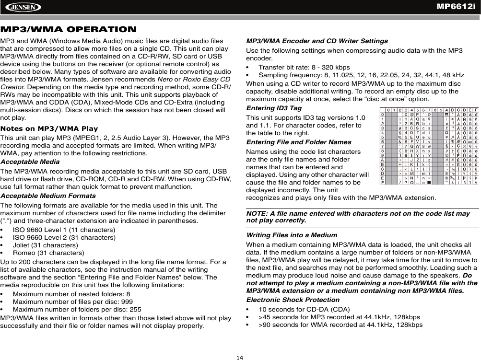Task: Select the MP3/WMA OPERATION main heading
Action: point(69,30)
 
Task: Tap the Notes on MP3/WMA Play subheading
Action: point(49,128)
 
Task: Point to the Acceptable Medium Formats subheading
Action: point(48,196)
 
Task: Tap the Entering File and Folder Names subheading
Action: point(298,142)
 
